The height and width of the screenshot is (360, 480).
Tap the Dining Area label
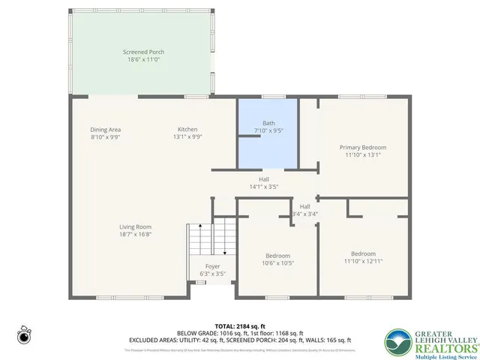click(x=106, y=129)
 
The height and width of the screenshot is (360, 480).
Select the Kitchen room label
click(x=187, y=129)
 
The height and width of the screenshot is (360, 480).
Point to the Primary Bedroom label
click(x=363, y=147)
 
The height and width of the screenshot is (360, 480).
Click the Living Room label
click(x=135, y=226)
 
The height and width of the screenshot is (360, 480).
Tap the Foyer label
click(x=213, y=267)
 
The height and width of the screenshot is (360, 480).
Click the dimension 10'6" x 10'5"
click(x=277, y=262)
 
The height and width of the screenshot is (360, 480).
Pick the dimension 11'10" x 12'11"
click(x=363, y=261)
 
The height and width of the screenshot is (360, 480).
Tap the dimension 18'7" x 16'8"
click(x=135, y=234)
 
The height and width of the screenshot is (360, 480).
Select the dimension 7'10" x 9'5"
click(x=268, y=130)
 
